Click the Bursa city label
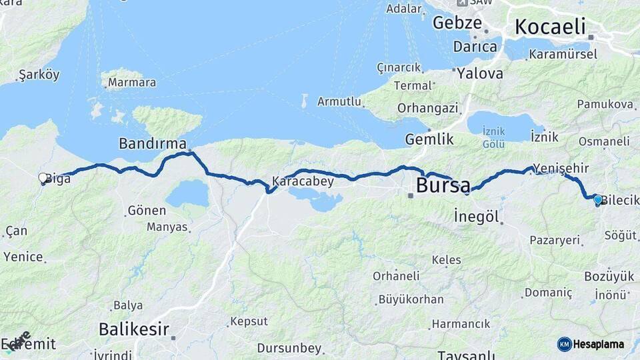[443, 185]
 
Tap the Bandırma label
[152, 143]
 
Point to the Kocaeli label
[550, 27]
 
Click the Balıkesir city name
[133, 329]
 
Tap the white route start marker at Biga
[43, 178]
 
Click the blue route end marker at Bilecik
[598, 199]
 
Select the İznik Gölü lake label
[494, 139]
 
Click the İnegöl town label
[477, 216]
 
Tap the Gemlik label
[429, 139]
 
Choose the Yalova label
[480, 73]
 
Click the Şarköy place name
[39, 74]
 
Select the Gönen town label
[146, 211]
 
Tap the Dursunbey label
[289, 348]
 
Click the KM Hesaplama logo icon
[565, 344]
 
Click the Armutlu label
[339, 101]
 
